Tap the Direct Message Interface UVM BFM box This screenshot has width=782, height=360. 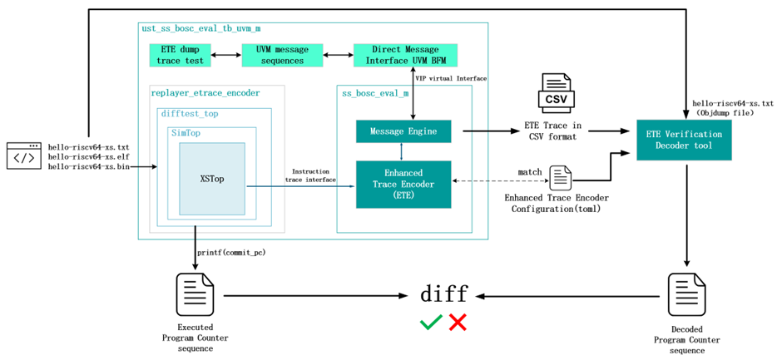point(407,55)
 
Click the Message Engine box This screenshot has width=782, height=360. point(403,131)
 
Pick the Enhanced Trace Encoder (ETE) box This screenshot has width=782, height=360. point(403,184)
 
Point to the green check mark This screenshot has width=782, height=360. point(431,322)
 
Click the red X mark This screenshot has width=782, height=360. point(458,322)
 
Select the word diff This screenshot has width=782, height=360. point(444,294)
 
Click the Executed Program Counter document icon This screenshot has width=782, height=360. point(194,295)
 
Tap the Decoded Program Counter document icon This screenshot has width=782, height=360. point(686,295)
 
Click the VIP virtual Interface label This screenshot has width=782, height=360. point(450,78)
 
